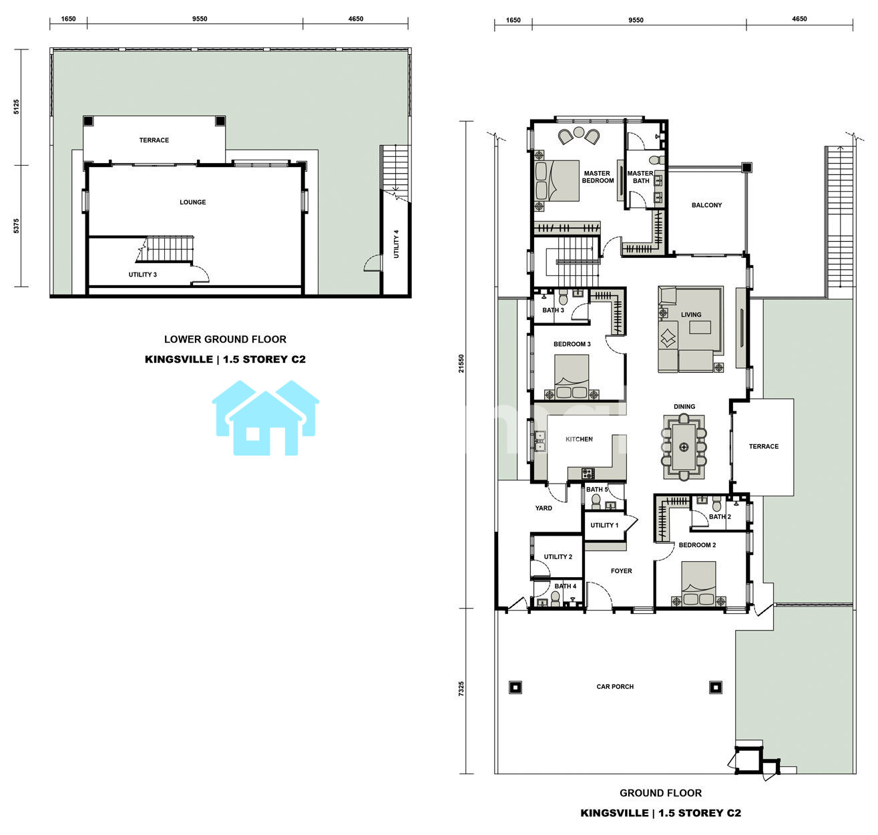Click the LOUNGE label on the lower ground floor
point(192,202)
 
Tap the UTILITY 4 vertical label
point(396,244)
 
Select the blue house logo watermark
point(265,418)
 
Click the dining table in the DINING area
point(683,447)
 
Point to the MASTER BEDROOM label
point(598,176)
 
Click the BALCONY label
point(706,205)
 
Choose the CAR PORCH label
point(615,687)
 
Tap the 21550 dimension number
point(461,363)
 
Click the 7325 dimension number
point(461,689)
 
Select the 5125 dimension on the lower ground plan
point(17,107)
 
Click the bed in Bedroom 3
point(571,376)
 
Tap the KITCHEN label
point(579,439)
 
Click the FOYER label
point(621,571)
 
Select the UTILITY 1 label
point(604,525)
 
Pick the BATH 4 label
point(566,586)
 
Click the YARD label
point(543,508)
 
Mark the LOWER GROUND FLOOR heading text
point(225,339)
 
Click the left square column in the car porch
point(515,687)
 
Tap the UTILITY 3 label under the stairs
point(142,275)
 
